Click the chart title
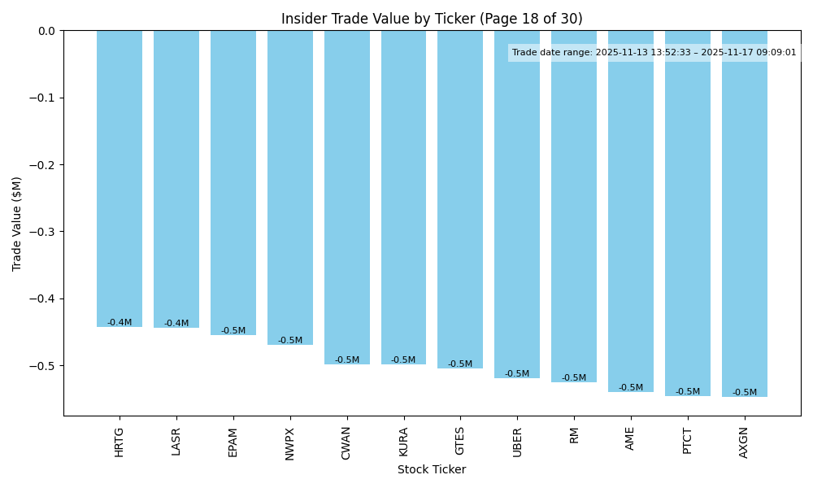pos(432,19)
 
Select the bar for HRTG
pos(120,179)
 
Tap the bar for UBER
pos(517,204)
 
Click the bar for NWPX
pos(290,188)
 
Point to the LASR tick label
pos(176,441)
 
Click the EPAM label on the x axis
pos(233,442)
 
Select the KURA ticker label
pos(403,442)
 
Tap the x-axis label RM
pos(574,435)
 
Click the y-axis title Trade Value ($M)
pos(17,223)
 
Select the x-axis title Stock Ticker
pos(432,469)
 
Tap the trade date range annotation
pos(654,53)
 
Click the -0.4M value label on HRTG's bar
pos(120,323)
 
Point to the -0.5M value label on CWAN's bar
pos(347,360)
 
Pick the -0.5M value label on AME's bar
pos(631,388)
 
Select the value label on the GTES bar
pos(460,364)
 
